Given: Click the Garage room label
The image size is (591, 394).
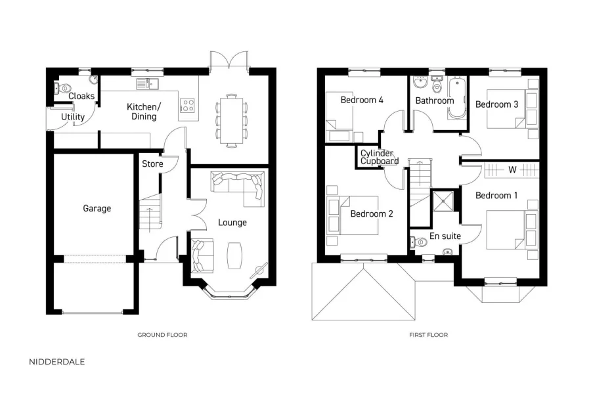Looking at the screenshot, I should tap(97, 208).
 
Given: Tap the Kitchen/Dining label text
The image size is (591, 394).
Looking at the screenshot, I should tap(143, 112).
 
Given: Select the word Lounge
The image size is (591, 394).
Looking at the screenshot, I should tap(232, 223).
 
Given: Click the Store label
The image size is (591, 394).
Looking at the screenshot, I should tap(152, 164).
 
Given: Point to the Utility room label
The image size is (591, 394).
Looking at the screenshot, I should tap(73, 118).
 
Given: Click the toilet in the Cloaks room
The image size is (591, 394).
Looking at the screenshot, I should tap(64, 88).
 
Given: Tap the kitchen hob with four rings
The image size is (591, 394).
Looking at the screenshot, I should tap(188, 105).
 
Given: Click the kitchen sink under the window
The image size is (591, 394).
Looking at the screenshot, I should tap(147, 84).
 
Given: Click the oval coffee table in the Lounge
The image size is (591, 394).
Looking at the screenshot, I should tap(234, 255).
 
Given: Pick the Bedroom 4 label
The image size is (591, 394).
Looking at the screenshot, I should tap(362, 100).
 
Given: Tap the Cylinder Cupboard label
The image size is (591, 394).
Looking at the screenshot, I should tap(380, 157).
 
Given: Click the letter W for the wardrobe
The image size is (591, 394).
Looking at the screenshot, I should tap(511, 170).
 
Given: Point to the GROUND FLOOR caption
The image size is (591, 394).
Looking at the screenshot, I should tap(162, 335).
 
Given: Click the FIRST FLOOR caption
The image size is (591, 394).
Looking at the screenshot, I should tap(428, 335).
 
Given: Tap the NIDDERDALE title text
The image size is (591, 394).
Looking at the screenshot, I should tap(57, 362).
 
